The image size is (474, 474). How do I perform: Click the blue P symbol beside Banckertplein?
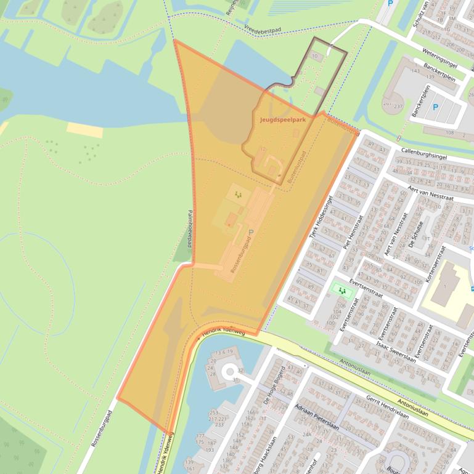point(435,107)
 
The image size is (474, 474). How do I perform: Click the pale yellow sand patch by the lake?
point(84,130)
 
